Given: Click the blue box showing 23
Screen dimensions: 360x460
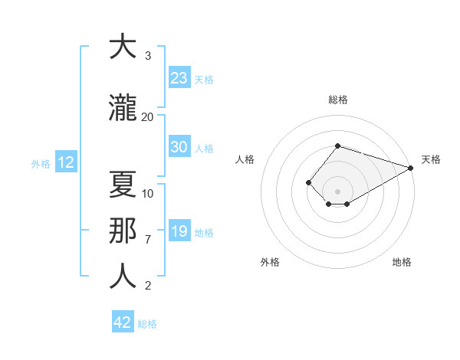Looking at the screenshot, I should pyautogui.click(x=179, y=77).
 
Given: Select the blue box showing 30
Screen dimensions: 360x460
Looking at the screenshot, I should pyautogui.click(x=179, y=147).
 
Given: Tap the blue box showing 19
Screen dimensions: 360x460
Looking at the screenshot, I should pyautogui.click(x=179, y=231).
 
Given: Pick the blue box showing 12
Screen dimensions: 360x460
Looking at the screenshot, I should pyautogui.click(x=66, y=162).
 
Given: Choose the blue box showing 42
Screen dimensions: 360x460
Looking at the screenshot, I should pyautogui.click(x=123, y=322).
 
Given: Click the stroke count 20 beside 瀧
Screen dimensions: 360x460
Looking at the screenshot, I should pyautogui.click(x=147, y=116).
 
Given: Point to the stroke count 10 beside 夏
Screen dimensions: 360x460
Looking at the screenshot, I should pyautogui.click(x=148, y=193).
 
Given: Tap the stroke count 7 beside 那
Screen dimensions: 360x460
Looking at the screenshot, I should pyautogui.click(x=148, y=239).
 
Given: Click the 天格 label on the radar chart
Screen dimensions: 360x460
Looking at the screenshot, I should pyautogui.click(x=431, y=159).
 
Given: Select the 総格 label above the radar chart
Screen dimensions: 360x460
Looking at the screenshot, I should pyautogui.click(x=337, y=100).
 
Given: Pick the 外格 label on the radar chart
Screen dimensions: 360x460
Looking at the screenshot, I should pyautogui.click(x=270, y=262).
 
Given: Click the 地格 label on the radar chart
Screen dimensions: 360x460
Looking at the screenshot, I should pyautogui.click(x=402, y=262).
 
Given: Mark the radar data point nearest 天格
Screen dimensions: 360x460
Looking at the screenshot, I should pyautogui.click(x=411, y=167).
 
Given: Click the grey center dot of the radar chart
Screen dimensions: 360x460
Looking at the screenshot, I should pyautogui.click(x=337, y=191).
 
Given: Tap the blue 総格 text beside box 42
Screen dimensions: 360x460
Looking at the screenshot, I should pyautogui.click(x=147, y=324).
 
